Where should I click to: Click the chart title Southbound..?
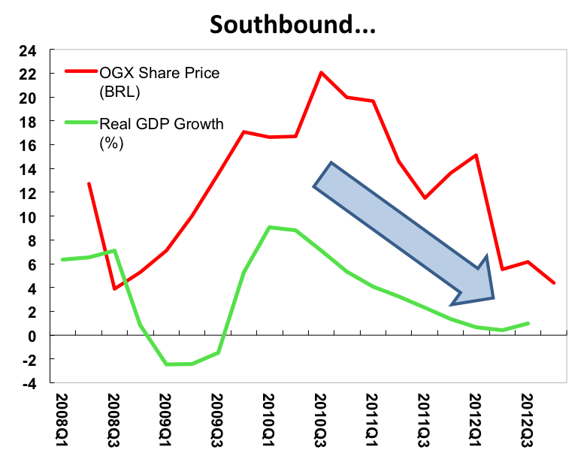292,24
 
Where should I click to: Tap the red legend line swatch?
80,72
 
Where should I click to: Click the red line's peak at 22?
321,72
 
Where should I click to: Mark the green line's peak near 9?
269,227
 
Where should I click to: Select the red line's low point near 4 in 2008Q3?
114,288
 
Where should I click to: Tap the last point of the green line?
528,323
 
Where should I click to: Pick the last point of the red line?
554,283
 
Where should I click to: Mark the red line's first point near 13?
89,183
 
